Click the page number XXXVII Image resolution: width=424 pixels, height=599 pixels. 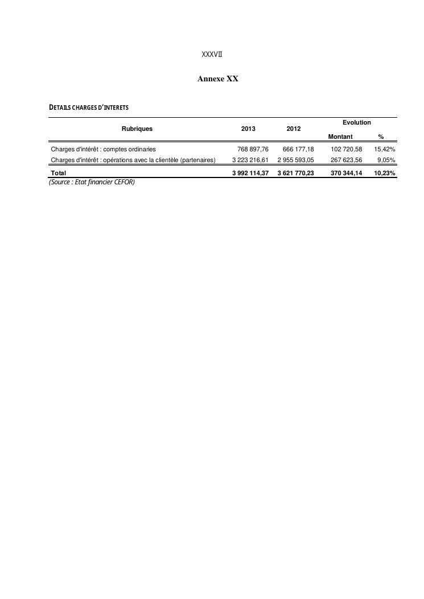tap(212, 55)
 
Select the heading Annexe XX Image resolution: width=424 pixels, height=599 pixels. tap(217, 79)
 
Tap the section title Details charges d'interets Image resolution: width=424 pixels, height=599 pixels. tap(89, 108)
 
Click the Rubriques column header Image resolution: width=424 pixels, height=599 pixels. tap(137, 129)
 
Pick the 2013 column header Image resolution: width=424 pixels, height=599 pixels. tap(248, 129)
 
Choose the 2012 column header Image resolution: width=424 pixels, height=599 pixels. tap(294, 129)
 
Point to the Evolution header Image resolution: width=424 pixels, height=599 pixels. tap(356, 122)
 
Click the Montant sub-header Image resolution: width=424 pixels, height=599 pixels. tap(340, 137)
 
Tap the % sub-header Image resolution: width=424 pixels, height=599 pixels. tap(381, 137)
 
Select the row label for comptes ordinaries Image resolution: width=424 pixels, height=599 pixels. tap(104, 149)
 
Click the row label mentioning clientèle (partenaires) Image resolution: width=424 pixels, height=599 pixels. tap(133, 160)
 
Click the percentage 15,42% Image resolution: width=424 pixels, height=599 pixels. tap(385, 149)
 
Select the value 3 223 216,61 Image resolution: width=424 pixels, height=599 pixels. tap(250, 160)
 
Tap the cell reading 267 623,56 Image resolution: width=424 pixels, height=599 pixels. tap(346, 160)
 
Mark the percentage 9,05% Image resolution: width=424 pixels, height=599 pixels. tap(386, 160)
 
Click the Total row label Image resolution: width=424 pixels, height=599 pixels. tap(59, 173)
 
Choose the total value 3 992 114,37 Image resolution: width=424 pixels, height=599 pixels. tap(250, 173)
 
